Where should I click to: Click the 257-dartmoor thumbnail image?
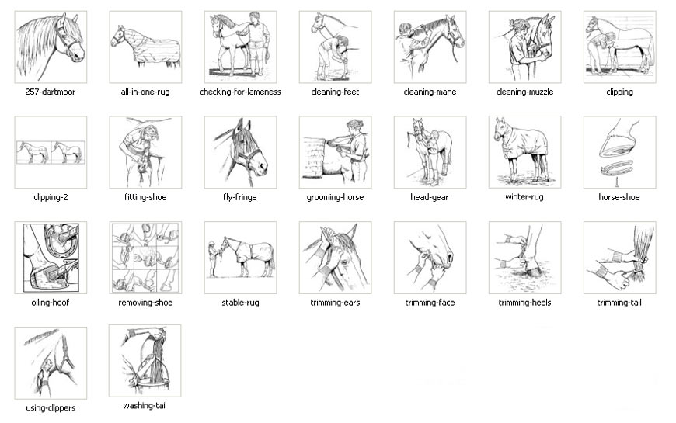51,47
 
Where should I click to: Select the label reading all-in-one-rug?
145,92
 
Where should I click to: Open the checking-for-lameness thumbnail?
240,47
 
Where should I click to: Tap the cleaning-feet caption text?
335,92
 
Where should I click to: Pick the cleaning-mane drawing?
430,47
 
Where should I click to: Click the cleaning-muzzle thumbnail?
524,47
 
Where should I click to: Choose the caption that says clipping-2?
51,198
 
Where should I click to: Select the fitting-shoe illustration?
145,152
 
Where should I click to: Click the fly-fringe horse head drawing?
240,152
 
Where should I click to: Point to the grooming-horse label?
335,198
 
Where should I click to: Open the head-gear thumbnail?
430,152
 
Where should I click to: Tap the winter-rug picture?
524,152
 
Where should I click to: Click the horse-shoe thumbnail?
619,152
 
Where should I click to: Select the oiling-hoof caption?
51,303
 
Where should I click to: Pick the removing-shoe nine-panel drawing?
145,258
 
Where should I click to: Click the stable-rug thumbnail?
240,258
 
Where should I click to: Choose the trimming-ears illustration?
335,258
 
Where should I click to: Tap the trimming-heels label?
524,303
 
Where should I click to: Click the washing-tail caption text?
145,406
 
